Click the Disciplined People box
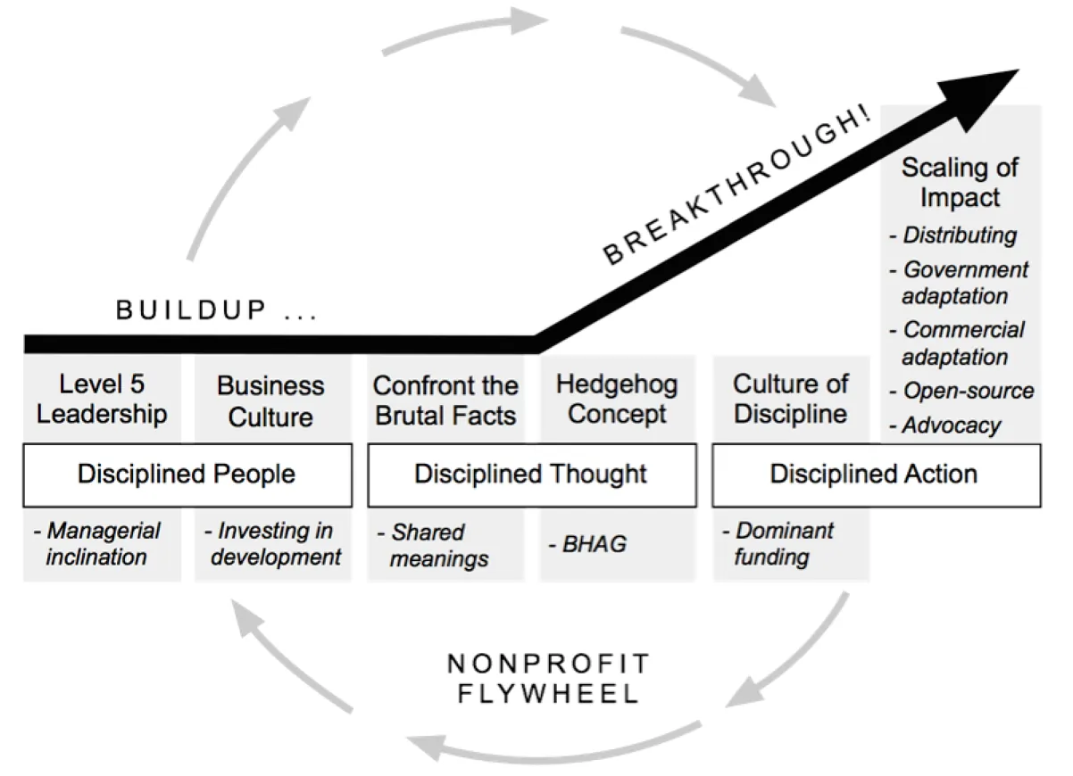click(x=187, y=474)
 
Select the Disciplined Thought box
click(x=530, y=474)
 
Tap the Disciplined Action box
click(x=875, y=474)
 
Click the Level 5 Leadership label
click(x=102, y=400)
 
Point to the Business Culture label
click(x=270, y=401)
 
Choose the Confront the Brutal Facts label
click(x=445, y=400)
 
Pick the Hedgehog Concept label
click(x=617, y=400)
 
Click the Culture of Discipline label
click(x=790, y=400)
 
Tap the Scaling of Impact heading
click(x=960, y=182)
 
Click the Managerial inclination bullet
click(x=97, y=543)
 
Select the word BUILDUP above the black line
click(x=192, y=310)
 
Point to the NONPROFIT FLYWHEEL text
click(x=549, y=679)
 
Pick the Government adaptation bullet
click(x=960, y=282)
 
